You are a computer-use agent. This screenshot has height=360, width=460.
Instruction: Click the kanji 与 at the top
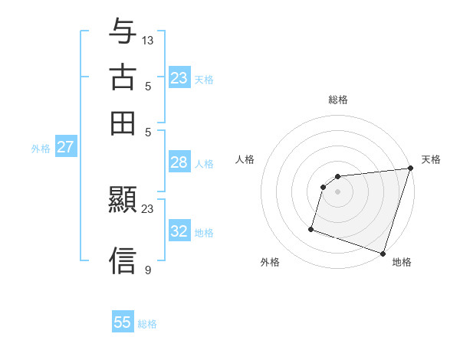(x=123, y=34)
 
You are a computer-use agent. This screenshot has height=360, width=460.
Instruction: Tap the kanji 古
(x=123, y=78)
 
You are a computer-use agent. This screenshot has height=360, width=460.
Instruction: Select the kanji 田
(x=123, y=123)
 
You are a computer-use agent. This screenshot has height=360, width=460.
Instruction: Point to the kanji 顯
(x=123, y=201)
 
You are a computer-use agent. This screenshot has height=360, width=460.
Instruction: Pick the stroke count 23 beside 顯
(x=148, y=208)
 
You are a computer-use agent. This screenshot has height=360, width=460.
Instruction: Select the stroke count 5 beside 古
(x=148, y=86)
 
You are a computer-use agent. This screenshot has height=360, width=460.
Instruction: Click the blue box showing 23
(x=179, y=78)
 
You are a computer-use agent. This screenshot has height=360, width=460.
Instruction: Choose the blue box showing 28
(x=179, y=162)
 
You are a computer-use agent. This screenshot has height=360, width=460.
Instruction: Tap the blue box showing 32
(x=179, y=231)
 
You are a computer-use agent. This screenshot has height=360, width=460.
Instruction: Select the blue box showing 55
(x=123, y=322)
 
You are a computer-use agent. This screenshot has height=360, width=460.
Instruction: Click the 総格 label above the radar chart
(x=338, y=100)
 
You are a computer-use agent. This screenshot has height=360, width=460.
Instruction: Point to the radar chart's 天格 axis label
(x=431, y=159)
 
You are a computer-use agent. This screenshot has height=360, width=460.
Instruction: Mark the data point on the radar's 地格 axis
(x=383, y=253)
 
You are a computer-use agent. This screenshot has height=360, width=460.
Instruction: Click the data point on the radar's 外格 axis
(x=311, y=228)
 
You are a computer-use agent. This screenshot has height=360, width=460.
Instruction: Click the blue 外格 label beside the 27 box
(x=40, y=149)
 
